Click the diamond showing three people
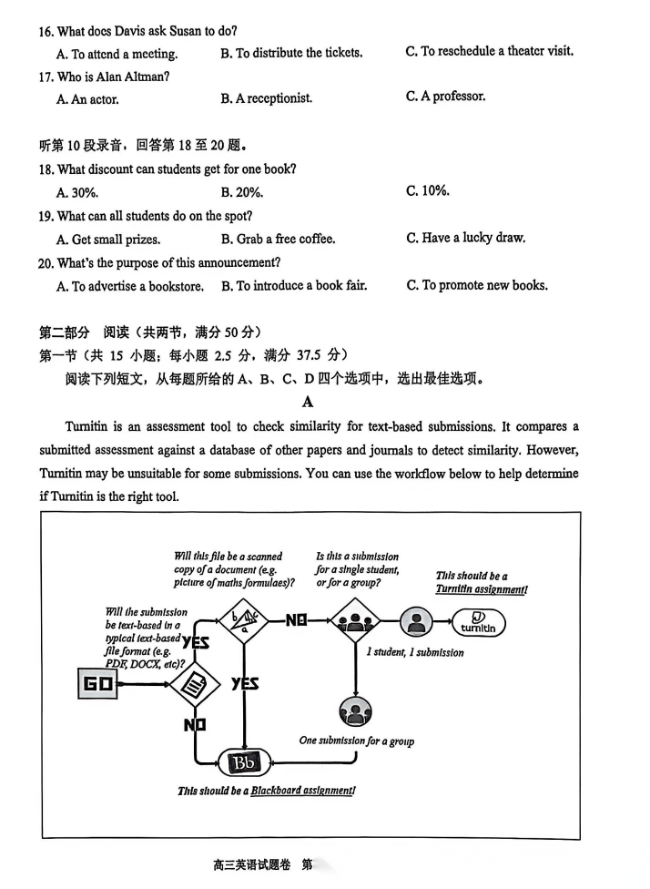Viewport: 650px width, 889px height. (352, 622)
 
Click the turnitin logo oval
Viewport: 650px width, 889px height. (478, 624)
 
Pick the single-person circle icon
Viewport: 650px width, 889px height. (417, 623)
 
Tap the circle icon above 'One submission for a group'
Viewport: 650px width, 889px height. (355, 711)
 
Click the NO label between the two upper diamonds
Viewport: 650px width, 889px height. (296, 621)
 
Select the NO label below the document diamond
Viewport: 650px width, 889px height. (195, 725)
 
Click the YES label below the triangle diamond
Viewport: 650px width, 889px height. (245, 683)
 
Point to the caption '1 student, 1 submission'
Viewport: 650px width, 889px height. (415, 652)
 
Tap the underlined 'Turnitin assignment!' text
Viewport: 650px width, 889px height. (481, 589)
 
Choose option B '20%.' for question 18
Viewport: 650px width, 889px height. (242, 192)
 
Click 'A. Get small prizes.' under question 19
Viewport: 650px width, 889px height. (108, 240)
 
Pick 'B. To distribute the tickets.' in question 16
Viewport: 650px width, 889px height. (291, 53)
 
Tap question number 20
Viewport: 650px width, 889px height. (46, 262)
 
